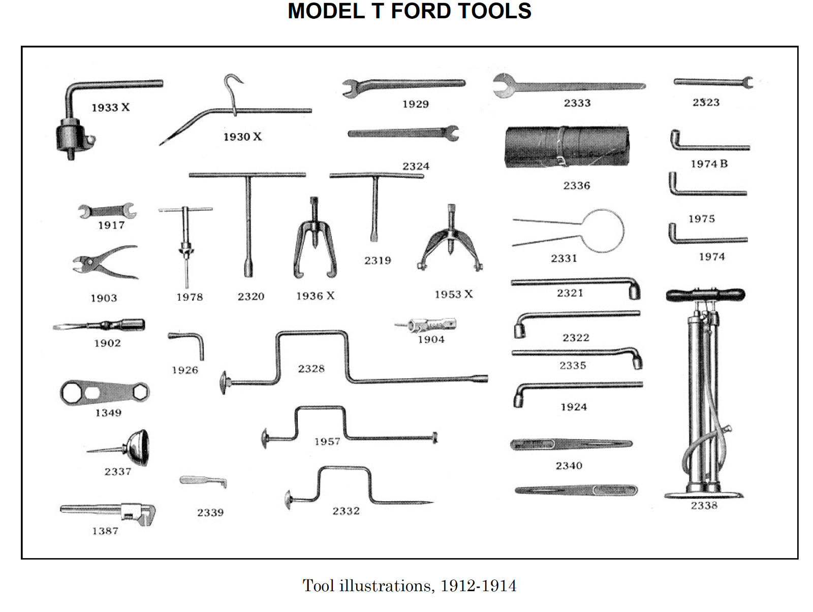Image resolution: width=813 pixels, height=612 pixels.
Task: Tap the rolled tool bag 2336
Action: point(567,147)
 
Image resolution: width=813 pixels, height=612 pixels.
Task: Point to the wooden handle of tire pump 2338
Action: point(705,295)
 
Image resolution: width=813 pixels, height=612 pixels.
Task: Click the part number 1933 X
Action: point(110,108)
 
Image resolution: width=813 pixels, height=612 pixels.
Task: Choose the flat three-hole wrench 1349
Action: point(105,393)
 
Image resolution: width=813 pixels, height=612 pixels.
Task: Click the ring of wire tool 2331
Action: point(602,231)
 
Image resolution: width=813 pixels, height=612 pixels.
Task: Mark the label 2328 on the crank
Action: point(311,369)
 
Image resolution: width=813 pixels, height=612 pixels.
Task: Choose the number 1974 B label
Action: point(709,164)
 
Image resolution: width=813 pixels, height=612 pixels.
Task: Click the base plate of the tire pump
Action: point(704,495)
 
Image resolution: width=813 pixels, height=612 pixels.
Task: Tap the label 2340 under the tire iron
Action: point(569,466)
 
